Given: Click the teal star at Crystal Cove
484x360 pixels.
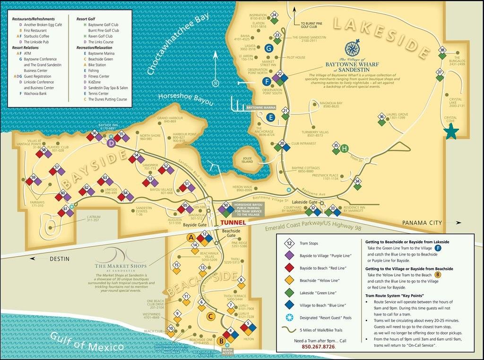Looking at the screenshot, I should (451, 132).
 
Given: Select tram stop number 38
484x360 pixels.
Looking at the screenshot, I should (442, 50).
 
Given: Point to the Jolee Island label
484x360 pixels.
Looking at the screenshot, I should (247, 159).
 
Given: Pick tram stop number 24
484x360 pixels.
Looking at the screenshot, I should (274, 15).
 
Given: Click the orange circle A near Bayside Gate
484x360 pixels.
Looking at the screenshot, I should (191, 237).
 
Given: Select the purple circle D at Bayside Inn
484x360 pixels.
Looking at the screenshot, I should (111, 143).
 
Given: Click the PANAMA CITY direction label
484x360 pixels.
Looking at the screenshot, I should (422, 222).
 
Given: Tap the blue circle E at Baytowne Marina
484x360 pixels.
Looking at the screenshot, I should (270, 117).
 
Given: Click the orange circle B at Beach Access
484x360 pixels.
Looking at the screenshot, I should (221, 340).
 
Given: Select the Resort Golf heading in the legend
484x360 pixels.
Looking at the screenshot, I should (86, 18).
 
